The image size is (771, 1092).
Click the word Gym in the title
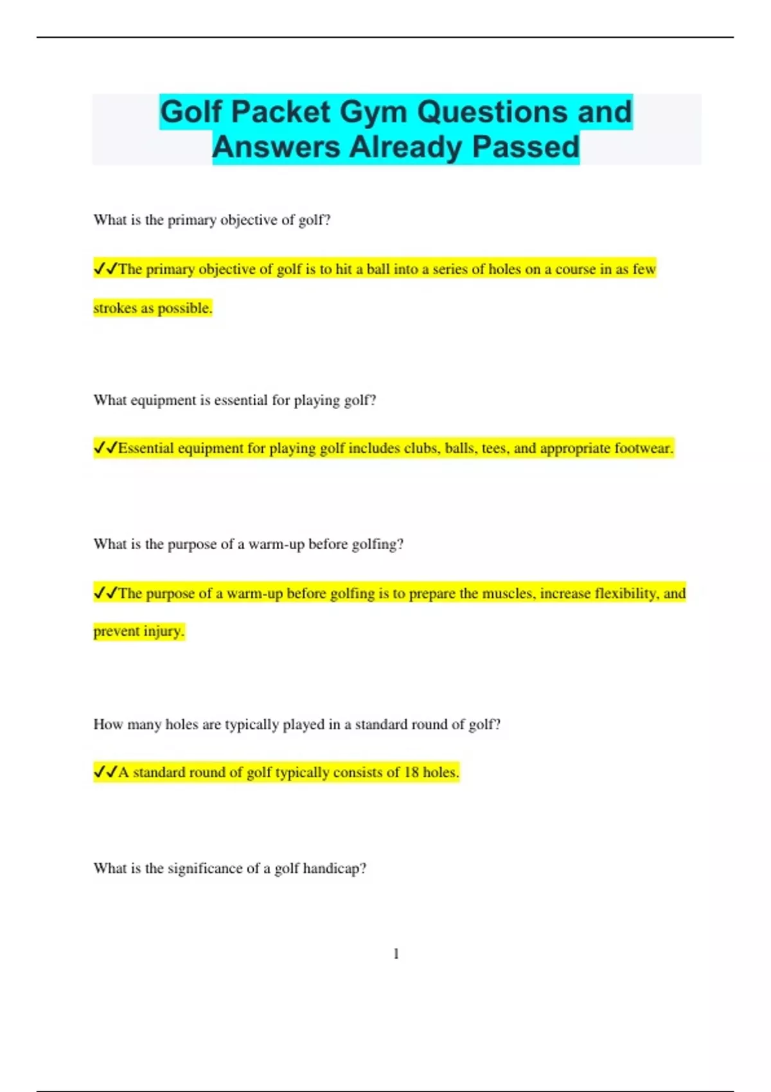[373, 112]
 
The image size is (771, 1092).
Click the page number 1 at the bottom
[396, 954]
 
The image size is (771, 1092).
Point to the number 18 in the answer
[411, 772]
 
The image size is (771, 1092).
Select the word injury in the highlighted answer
[164, 631]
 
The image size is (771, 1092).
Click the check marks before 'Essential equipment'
[105, 448]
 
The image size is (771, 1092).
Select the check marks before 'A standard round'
[105, 771]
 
